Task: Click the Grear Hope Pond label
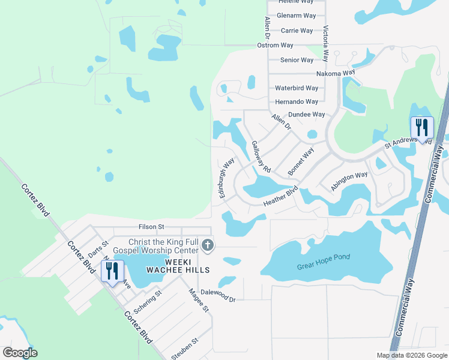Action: click(324, 257)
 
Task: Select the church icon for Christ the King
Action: click(208, 245)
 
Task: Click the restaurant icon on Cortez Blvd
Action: click(112, 271)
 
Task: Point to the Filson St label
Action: click(151, 227)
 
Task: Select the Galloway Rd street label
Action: click(262, 157)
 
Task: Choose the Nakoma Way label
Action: click(336, 73)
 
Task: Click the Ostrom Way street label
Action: click(275, 45)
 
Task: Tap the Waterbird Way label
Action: click(297, 88)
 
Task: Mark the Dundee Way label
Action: click(307, 114)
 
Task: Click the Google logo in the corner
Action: click(20, 353)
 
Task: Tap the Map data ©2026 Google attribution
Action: click(411, 355)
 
